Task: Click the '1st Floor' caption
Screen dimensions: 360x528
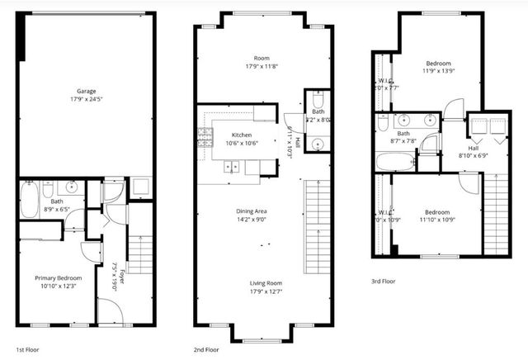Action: pyautogui.click(x=26, y=350)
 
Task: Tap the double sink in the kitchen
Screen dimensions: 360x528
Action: pyautogui.click(x=233, y=166)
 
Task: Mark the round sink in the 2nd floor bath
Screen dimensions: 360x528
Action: pyautogui.click(x=318, y=144)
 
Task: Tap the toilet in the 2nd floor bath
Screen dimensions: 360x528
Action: pyautogui.click(x=318, y=104)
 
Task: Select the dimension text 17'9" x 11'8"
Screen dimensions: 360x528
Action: pyautogui.click(x=263, y=66)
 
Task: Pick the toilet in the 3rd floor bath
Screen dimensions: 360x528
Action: pyautogui.click(x=383, y=122)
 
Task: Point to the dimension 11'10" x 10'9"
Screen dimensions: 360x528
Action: pyautogui.click(x=439, y=218)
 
